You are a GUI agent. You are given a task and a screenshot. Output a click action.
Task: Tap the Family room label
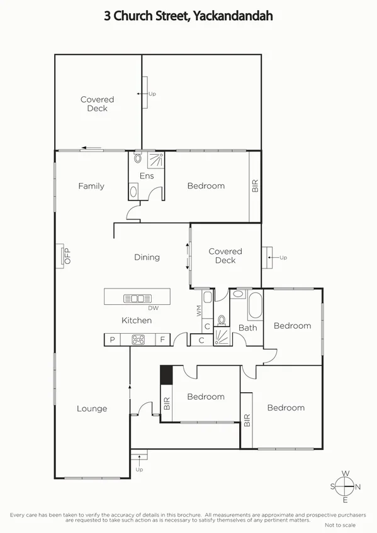coord(91,186)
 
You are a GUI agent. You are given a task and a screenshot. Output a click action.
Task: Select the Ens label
coord(147,176)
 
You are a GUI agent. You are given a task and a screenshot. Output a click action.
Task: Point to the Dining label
coord(147,257)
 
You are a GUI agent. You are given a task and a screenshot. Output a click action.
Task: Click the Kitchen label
coord(137,321)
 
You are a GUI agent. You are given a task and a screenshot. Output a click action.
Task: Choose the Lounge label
coord(92,409)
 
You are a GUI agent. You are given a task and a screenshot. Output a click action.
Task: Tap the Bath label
coord(247,327)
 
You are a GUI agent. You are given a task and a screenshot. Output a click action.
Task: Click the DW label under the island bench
coord(153,308)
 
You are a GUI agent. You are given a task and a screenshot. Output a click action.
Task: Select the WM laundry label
coord(199,310)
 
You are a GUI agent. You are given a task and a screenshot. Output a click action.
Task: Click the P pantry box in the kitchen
coord(112,340)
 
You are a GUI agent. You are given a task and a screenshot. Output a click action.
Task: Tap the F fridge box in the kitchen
coord(162,340)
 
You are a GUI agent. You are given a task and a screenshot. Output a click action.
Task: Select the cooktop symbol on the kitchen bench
coord(138,340)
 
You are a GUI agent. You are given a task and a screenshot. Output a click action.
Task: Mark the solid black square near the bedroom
coord(166,375)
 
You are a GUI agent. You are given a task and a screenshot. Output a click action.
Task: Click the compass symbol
coord(346,486)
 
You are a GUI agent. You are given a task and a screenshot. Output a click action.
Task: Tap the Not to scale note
coord(340,525)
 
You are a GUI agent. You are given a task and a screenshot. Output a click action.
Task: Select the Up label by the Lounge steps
coord(140,470)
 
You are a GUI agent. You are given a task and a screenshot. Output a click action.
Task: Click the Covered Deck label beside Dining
coord(225,256)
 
